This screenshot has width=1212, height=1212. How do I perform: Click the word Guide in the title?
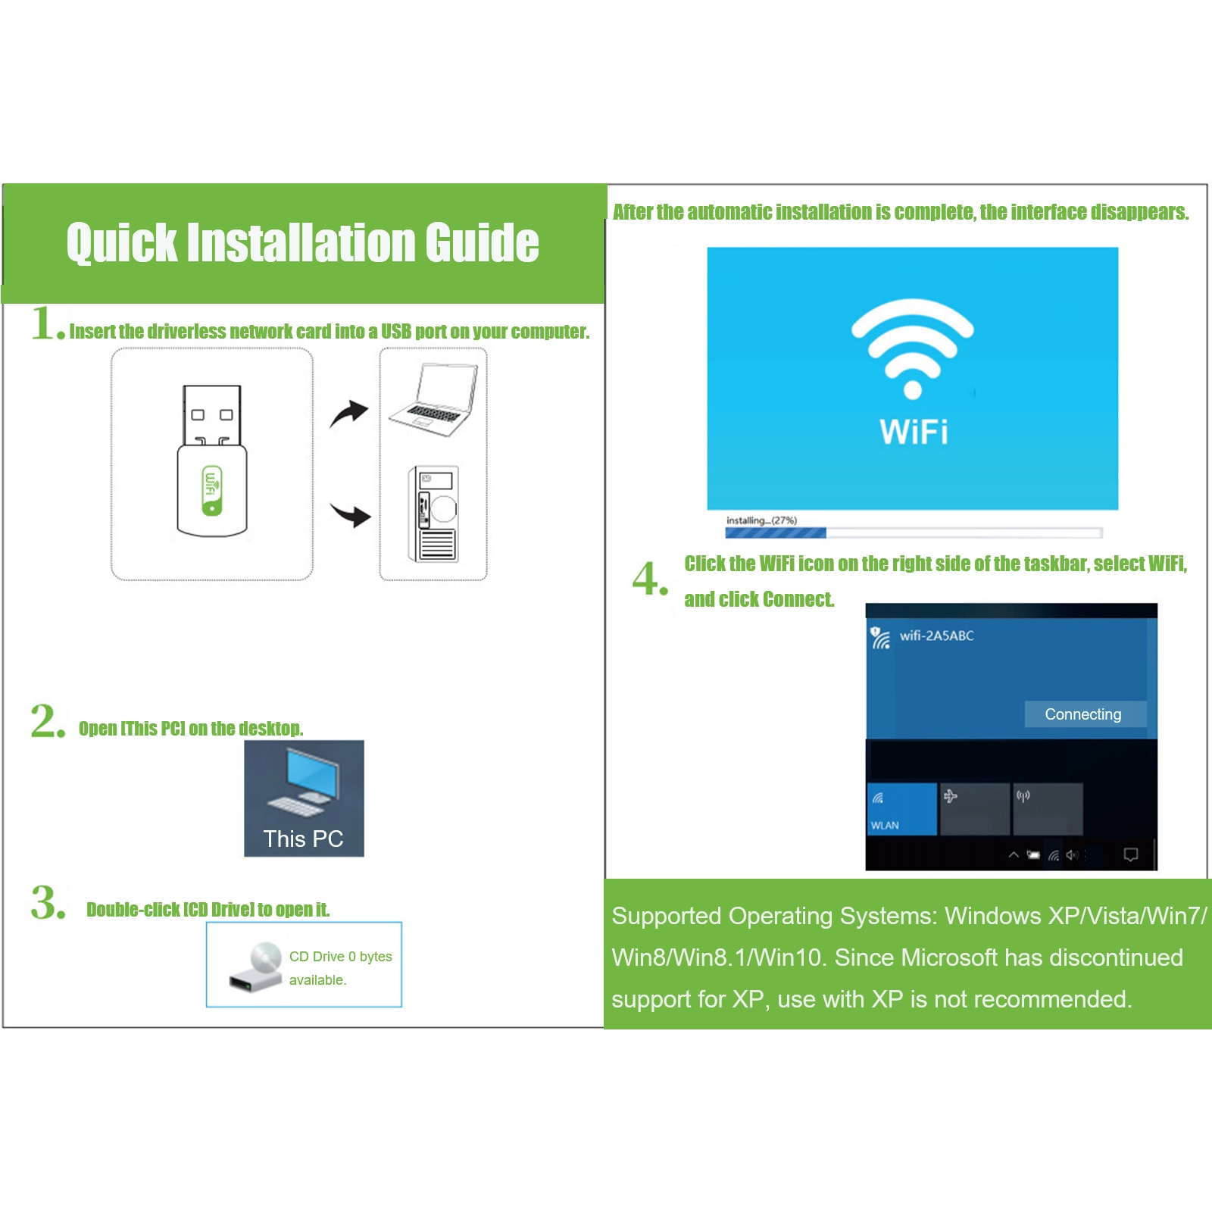482,242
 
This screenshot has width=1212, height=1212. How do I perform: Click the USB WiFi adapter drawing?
212,461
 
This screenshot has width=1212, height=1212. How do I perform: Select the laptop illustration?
433,399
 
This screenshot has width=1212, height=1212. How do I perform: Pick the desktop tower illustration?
433,514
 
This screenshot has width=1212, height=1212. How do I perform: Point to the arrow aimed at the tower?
350,514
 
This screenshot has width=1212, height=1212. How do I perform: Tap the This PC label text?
303,839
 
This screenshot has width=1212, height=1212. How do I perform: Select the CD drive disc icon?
256,967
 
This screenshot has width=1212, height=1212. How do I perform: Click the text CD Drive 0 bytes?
341,957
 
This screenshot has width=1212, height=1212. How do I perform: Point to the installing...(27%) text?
761,520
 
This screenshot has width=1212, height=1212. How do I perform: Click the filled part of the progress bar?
776,533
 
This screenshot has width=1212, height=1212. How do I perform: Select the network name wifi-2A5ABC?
936,636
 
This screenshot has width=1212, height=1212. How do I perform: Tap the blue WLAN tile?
902,809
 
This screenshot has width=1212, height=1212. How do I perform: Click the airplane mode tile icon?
950,795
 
